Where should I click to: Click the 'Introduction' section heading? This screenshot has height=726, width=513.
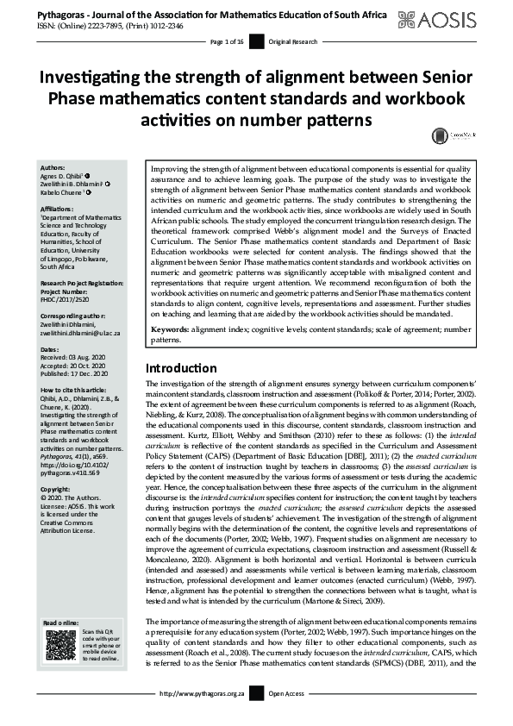[181, 368]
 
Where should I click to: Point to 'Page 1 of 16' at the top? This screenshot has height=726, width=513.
[227, 41]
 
